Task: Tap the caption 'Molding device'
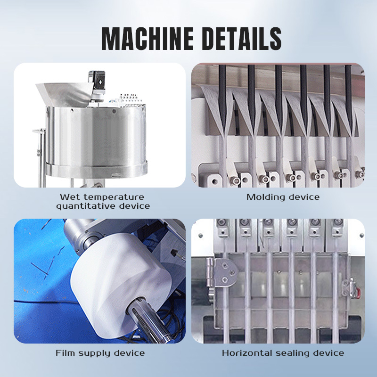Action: click(x=283, y=197)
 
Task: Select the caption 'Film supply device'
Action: click(x=100, y=353)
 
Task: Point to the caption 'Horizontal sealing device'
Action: click(x=283, y=353)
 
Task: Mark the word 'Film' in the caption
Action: click(x=65, y=353)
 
